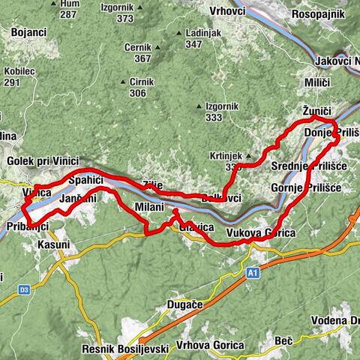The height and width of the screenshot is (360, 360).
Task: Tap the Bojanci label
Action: tap(29, 33)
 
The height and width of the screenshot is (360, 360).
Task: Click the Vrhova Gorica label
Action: tap(210, 345)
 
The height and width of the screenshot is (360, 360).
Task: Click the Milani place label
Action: tap(149, 206)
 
